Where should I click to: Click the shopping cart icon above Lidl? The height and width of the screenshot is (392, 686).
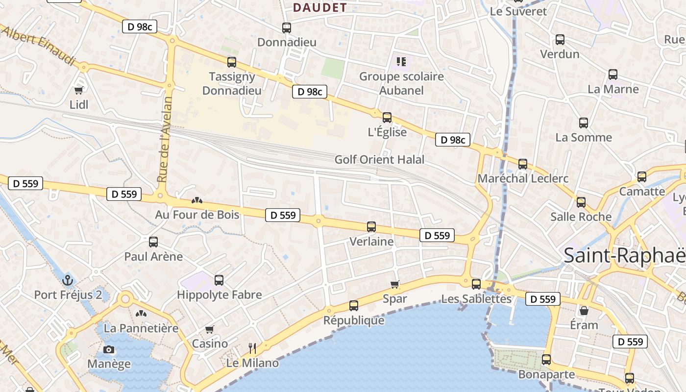point(78,90)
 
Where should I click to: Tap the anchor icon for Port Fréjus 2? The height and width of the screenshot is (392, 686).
point(68,280)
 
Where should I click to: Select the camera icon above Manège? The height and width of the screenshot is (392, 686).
point(109,349)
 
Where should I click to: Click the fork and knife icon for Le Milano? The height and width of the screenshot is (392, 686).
point(252,348)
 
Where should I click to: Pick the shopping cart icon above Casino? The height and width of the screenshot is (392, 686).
point(210,329)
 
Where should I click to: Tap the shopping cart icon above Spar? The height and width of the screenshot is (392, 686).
point(395,284)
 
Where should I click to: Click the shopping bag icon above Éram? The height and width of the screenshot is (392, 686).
point(584,311)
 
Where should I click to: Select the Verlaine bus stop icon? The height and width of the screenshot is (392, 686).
point(371,227)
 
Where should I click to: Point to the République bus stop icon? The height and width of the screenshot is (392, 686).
point(354,306)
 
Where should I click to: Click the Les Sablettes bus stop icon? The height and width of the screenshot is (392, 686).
point(476,284)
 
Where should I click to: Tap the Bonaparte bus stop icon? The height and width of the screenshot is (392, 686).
point(546,360)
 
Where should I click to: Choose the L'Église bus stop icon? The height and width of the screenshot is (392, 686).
point(387,118)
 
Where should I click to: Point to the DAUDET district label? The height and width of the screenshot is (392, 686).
point(319,7)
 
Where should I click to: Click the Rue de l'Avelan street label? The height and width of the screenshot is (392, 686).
point(166,139)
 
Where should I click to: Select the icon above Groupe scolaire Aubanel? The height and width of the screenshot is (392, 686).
point(401,62)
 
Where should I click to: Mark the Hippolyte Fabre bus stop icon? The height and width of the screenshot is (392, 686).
point(219,280)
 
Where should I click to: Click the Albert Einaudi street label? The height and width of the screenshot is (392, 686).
point(39,45)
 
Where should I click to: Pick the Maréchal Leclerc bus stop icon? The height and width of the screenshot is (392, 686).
point(523,164)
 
